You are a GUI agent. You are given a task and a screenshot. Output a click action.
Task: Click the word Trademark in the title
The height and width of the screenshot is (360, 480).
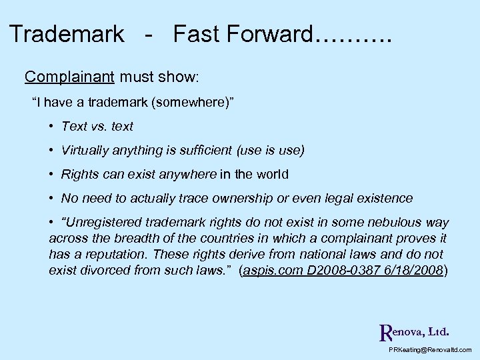[67, 34]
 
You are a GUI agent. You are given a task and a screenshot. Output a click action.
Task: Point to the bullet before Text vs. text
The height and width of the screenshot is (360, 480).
[51, 126]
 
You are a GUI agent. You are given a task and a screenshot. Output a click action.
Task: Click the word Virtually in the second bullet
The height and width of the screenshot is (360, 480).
[85, 151]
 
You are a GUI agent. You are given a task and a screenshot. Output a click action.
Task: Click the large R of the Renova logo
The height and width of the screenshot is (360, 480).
[385, 331]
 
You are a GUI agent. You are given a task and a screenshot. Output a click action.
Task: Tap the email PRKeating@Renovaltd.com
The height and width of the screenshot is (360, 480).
[429, 349]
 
